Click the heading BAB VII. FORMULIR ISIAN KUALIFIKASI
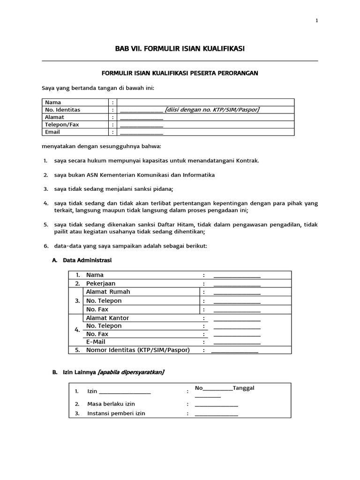point(180,49)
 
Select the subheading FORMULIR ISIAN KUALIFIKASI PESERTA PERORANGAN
point(180,73)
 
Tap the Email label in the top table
point(52,132)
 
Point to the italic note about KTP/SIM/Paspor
point(212,110)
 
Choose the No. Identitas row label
point(62,110)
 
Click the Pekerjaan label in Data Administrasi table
point(101,284)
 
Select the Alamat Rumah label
point(108,292)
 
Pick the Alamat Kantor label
point(107,318)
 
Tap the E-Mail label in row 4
point(96,342)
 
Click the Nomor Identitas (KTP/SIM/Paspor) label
point(138,350)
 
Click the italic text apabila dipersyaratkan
point(131,372)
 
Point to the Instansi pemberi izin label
point(116,413)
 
